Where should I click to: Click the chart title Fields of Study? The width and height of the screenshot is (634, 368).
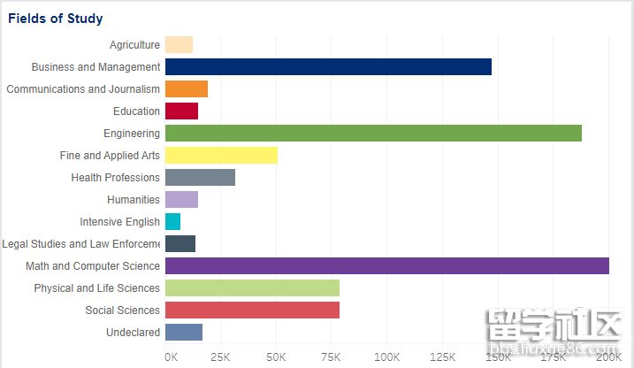point(56,19)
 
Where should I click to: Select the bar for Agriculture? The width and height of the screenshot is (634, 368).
point(179,45)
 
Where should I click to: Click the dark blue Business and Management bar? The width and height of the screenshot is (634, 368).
point(328,67)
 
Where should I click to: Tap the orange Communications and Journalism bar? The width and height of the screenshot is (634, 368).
point(187,89)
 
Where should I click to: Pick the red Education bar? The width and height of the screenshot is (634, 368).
point(181,111)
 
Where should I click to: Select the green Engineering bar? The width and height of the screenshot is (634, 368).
point(373,134)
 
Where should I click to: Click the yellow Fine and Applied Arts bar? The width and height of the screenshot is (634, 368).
point(221,156)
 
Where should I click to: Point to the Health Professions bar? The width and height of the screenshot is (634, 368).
point(200,178)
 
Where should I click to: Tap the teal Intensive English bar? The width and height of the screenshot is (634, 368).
point(172,222)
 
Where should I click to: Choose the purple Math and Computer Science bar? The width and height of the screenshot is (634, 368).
point(386,266)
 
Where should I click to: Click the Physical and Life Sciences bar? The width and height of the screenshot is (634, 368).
point(252,288)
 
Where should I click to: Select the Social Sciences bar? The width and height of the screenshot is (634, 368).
point(252,310)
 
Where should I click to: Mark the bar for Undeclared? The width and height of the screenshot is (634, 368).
point(184,333)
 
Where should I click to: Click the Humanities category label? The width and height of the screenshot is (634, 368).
point(134,200)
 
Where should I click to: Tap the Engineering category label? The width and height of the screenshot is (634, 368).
point(132,134)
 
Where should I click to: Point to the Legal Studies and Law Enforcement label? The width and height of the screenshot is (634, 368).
point(81,244)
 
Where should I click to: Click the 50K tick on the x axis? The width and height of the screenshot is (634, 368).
point(276,356)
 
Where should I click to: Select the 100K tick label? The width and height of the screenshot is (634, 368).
point(386,356)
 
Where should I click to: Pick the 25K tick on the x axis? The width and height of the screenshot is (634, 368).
point(220,356)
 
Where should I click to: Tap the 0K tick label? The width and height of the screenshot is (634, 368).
point(171,356)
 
